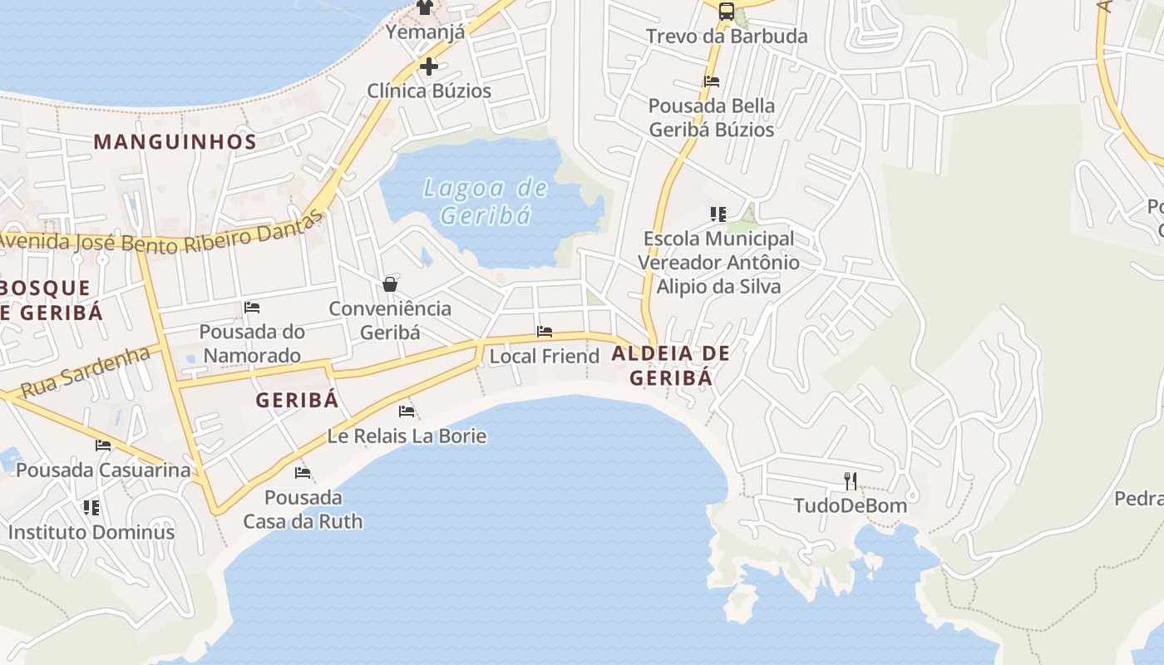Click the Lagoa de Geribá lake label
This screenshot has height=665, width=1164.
[x=486, y=202]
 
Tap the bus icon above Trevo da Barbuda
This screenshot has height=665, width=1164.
[x=727, y=11]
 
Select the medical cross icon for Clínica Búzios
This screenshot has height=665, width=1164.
[x=429, y=66]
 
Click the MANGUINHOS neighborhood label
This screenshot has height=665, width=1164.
[x=175, y=141]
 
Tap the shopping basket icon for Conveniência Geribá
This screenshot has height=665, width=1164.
[x=390, y=285]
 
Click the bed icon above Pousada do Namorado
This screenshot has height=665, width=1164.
[x=252, y=308]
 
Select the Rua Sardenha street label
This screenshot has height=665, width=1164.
[x=85, y=372]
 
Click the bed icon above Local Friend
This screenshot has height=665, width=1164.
[x=545, y=332]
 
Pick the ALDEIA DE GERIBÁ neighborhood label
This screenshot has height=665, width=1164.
[x=671, y=366]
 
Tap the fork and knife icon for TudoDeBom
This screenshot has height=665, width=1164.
[x=850, y=480]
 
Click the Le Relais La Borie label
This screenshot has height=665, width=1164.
[x=407, y=436]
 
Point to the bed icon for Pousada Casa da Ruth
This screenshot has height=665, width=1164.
[x=303, y=473]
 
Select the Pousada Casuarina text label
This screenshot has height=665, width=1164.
[x=103, y=470]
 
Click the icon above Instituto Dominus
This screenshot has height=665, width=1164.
[x=91, y=507]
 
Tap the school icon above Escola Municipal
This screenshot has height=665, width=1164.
[x=718, y=214]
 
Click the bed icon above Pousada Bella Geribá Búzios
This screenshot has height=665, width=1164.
[x=712, y=81]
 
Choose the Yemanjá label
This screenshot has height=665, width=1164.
[x=425, y=32]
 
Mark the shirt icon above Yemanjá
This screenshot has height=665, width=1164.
[x=425, y=8]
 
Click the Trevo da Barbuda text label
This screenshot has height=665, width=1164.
[x=727, y=37]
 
